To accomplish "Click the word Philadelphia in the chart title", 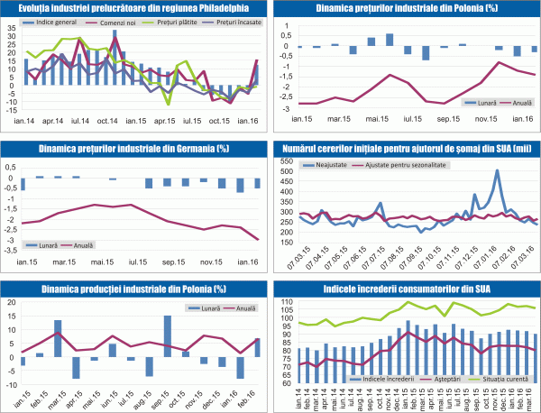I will coord(214,7).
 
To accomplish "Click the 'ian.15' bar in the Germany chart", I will coord(22,183).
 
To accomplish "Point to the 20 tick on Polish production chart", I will coord(11,301).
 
